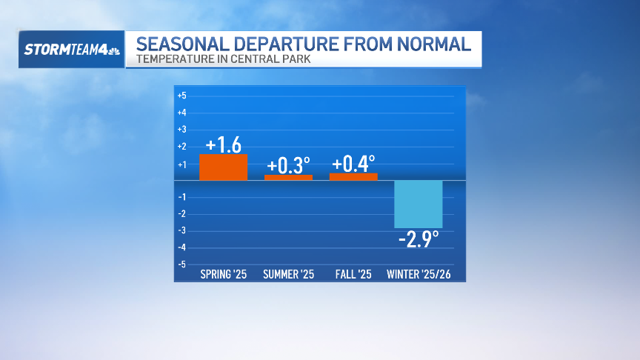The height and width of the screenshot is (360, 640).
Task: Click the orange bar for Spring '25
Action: click(223, 167)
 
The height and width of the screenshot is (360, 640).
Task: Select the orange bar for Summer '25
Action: click(288, 177)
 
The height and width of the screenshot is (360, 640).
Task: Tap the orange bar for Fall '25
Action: click(353, 176)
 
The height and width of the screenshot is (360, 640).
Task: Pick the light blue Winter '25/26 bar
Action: click(419, 204)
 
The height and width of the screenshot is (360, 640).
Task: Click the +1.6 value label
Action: click(223, 144)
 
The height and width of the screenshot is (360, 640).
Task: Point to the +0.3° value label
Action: click(288, 164)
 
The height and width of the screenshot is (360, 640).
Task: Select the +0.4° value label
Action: click(353, 163)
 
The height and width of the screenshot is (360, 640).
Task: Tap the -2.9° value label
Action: click(419, 239)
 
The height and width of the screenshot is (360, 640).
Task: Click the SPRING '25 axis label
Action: click(223, 275)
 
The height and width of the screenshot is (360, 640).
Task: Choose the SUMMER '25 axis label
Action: click(288, 275)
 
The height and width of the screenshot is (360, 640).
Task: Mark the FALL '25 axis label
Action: click(353, 275)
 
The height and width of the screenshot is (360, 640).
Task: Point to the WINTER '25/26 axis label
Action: click(419, 275)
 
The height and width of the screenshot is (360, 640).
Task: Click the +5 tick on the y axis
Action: click(181, 96)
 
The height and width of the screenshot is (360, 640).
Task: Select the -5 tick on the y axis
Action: click(181, 264)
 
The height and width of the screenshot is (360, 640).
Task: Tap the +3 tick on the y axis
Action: click(181, 130)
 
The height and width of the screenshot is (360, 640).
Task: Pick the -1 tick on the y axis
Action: click(181, 197)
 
